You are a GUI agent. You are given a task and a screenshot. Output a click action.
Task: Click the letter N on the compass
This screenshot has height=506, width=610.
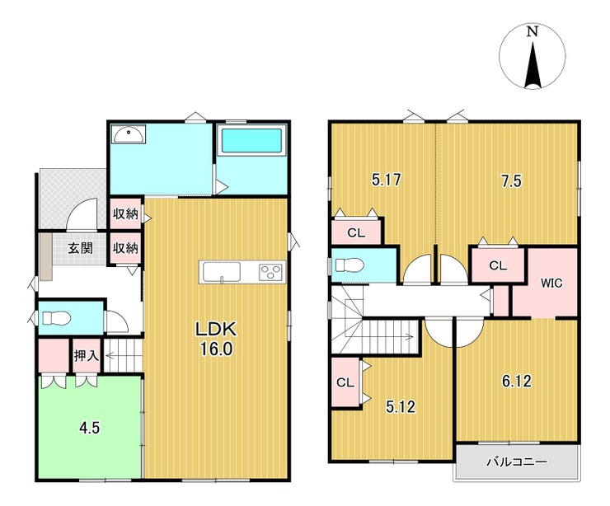point(533,31)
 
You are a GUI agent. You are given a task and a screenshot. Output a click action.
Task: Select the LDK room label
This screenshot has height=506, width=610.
point(216,330)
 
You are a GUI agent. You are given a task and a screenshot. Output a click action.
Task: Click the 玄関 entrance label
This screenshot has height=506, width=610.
point(81,248)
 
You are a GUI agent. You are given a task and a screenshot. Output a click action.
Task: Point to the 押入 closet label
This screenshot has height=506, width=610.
point(87,355)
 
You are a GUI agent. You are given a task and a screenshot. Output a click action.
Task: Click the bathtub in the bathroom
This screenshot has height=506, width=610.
point(251,140)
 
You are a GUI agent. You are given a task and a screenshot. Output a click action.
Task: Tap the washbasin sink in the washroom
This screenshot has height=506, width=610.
point(129,134)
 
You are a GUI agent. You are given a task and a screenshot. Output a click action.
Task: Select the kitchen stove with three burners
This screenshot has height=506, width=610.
point(271,271)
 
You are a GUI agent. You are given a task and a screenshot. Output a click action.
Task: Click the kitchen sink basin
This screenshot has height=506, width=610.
point(222,271)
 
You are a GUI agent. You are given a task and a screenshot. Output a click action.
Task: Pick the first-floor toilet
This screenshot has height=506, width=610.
point(56,318)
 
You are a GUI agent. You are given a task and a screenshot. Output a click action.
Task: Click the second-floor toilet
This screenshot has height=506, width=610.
point(350,265)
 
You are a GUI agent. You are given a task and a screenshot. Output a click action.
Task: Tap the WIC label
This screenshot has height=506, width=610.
point(551,283)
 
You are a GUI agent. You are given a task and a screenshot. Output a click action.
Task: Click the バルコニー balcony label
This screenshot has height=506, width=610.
point(517,462)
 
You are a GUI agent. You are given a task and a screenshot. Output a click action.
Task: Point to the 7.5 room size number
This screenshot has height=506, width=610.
point(511,181)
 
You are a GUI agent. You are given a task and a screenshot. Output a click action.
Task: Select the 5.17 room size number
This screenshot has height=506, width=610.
point(387,180)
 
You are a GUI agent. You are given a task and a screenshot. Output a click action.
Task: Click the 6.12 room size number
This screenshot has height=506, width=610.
point(517,382)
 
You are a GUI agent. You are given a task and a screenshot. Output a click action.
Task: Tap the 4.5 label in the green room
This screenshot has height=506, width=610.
point(90,429)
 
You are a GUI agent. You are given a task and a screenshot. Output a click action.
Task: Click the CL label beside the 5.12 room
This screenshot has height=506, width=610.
point(345,382)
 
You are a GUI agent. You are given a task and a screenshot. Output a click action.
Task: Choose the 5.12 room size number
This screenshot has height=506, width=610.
point(401,407)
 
